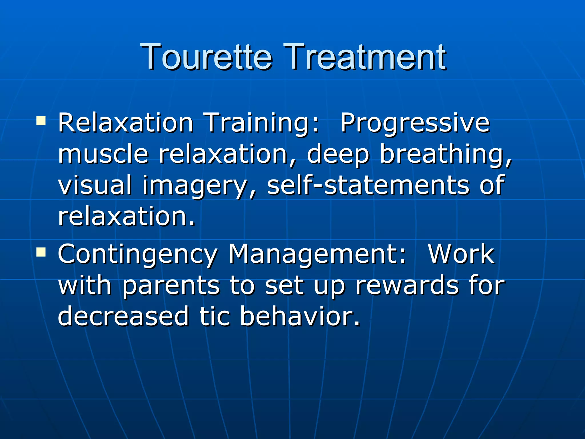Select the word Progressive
(x=415, y=123)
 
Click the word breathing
(x=446, y=154)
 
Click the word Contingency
(x=137, y=254)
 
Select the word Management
(x=317, y=254)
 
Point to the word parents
(x=171, y=286)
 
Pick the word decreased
(x=123, y=316)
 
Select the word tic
(x=215, y=316)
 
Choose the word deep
(x=338, y=154)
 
